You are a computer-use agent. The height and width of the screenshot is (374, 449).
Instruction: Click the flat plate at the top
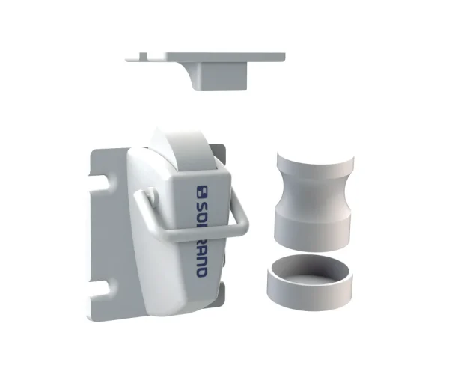click(x=224, y=56)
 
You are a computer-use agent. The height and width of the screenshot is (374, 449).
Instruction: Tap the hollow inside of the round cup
click(x=308, y=268)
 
